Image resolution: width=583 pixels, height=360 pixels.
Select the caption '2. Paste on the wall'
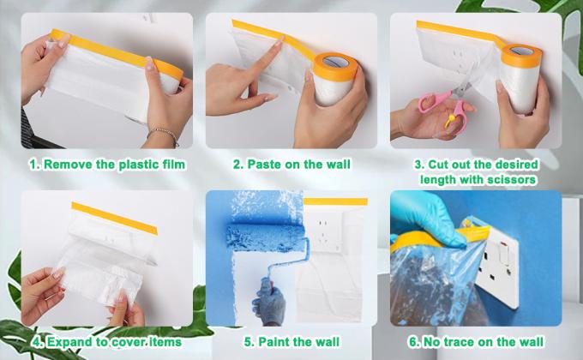pos(290,164)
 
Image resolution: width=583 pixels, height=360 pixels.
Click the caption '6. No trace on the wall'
pos(476,341)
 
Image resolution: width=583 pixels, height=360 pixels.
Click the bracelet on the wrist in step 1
pos(163,136)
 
